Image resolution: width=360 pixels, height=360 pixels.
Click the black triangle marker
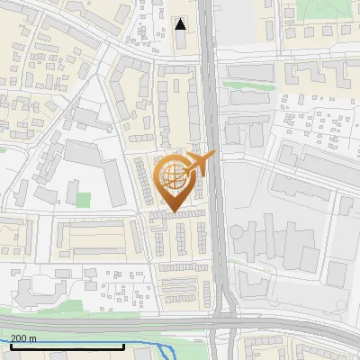coord(181,24)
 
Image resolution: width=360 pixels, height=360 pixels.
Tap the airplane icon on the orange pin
coord(200,164)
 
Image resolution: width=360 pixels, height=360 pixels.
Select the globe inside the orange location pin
coord(174,175)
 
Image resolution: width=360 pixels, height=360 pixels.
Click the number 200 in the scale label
coord(19,338)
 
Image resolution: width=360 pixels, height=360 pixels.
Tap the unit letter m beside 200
coord(33,338)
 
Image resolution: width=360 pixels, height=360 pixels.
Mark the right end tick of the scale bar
coord(123,345)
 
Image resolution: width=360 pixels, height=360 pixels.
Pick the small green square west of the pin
coord(84,198)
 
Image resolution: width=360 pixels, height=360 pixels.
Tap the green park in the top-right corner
coord(324,9)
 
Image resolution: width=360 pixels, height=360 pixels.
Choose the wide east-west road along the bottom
coord(108,323)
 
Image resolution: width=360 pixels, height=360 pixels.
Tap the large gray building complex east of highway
coord(279,243)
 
